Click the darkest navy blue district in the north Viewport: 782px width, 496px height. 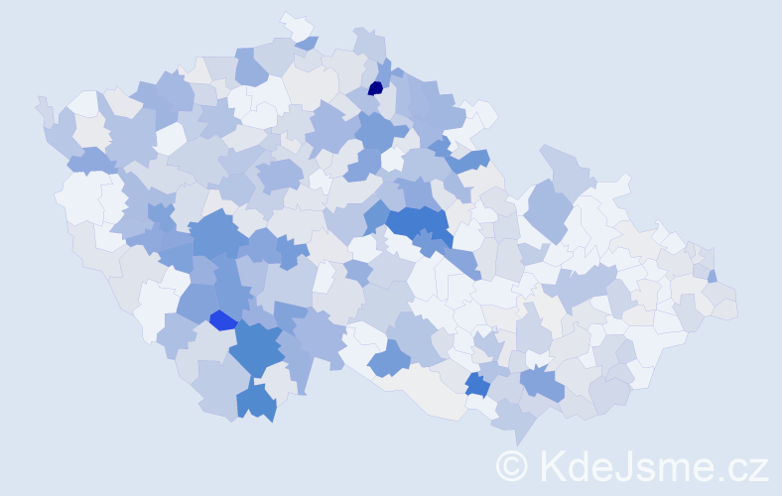click(x=375, y=88)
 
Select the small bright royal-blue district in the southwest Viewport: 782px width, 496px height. click(x=223, y=320)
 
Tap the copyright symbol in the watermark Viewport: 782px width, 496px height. click(x=512, y=466)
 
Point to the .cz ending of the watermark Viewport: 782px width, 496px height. click(x=738, y=466)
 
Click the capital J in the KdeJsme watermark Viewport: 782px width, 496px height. click(x=628, y=466)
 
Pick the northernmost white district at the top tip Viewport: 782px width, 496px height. click(x=294, y=23)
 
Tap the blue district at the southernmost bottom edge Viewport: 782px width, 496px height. click(x=256, y=402)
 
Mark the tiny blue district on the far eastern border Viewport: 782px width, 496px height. click(x=713, y=276)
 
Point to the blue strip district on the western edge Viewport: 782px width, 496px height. click(x=89, y=159)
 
